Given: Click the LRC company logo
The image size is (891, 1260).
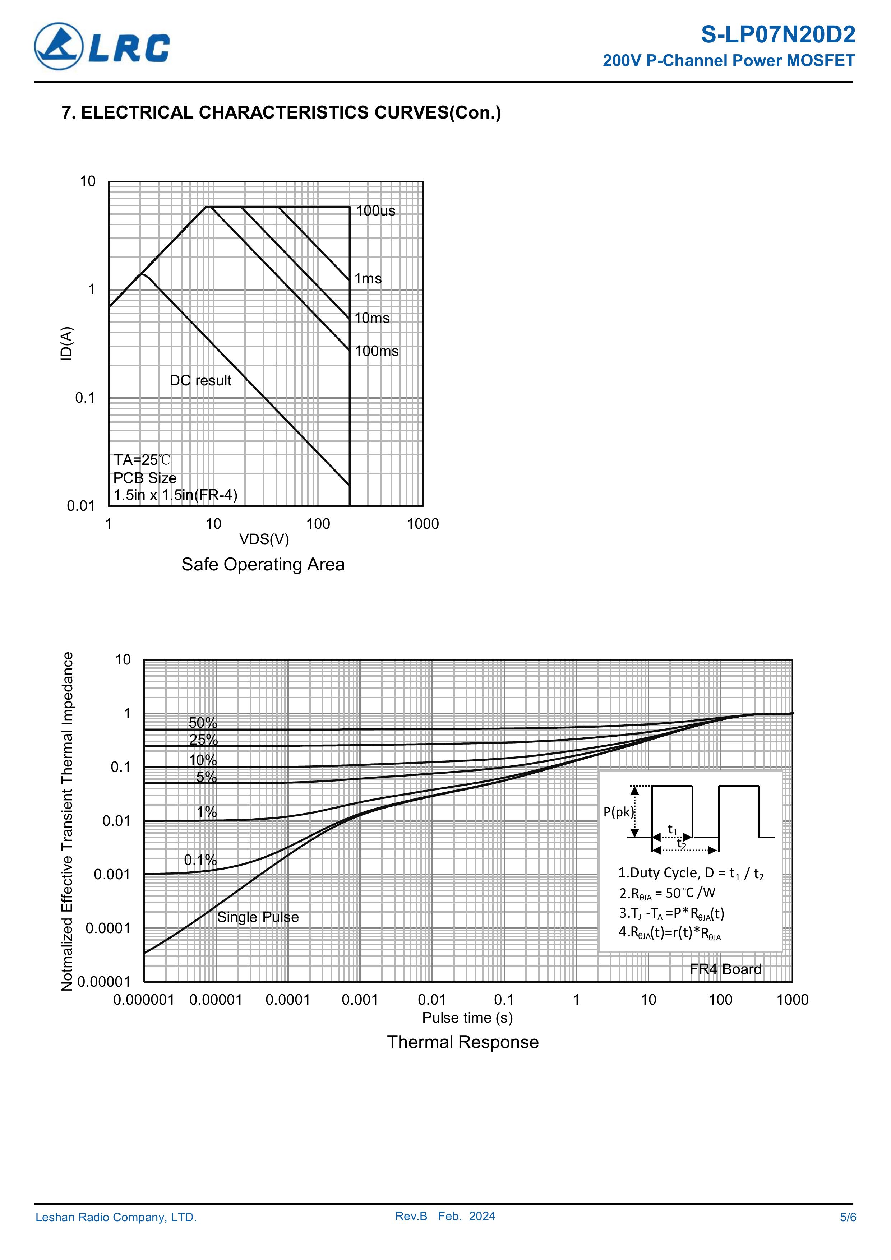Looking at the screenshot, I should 102,47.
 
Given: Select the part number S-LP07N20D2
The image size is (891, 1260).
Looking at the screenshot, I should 777,35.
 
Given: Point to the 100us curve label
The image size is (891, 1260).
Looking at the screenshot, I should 375,211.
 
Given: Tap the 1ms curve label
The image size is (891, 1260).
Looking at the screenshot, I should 368,279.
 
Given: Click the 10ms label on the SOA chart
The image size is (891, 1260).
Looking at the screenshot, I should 371,318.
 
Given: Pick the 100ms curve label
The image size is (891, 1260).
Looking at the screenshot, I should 377,351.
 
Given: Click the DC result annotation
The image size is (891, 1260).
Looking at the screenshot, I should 200,380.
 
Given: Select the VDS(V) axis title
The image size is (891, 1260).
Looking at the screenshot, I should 264,539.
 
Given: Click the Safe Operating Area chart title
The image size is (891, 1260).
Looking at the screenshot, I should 263,564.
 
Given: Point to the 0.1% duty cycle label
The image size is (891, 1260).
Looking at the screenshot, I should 200,860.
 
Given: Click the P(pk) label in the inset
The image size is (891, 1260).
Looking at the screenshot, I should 618,812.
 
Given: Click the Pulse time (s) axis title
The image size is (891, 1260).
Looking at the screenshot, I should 467,1018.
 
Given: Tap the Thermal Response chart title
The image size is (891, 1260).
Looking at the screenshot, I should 463,1042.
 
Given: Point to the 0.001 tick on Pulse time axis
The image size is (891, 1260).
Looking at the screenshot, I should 360,1000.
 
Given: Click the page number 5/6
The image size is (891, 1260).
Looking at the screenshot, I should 848,1217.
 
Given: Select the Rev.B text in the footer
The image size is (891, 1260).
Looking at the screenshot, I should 411,1216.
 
